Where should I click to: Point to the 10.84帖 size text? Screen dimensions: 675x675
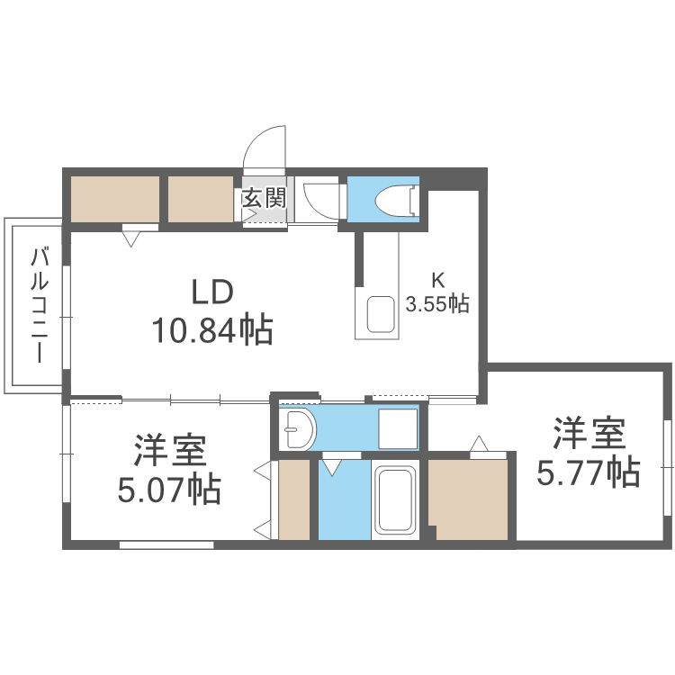point(212,331)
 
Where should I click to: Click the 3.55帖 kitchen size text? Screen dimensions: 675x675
point(437,304)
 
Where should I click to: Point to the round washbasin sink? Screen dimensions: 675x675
point(296,432)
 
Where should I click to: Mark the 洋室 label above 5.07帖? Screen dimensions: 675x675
point(170,448)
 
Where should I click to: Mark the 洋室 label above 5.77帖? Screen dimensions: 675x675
point(589,434)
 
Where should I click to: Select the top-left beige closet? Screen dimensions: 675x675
point(115,199)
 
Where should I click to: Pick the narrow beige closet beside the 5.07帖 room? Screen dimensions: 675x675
point(294,499)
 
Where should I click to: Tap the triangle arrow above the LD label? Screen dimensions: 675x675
point(132,238)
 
